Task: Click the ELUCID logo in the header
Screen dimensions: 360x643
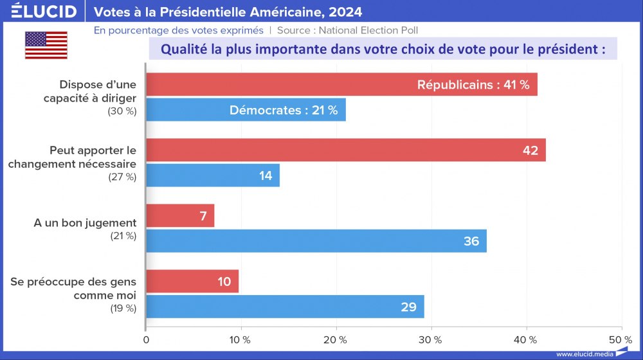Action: pyautogui.click(x=44, y=11)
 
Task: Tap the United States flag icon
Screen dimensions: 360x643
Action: pyautogui.click(x=46, y=45)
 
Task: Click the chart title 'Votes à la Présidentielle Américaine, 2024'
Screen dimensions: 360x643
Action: pyautogui.click(x=228, y=12)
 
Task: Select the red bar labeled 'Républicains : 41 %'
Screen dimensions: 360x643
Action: pyautogui.click(x=341, y=85)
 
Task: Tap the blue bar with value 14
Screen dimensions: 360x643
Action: pyautogui.click(x=213, y=175)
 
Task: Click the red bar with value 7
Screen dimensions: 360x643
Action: pyautogui.click(x=180, y=216)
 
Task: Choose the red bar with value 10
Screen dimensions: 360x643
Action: pyautogui.click(x=192, y=282)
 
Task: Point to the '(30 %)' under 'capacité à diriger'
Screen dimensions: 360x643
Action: pyautogui.click(x=122, y=111)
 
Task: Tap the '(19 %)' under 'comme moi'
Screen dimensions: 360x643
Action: pyautogui.click(x=122, y=308)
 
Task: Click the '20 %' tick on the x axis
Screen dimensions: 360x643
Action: pyautogui.click(x=335, y=339)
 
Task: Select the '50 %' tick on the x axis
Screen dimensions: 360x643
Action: pyautogui.click(x=620, y=339)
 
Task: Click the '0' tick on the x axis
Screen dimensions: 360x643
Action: pyautogui.click(x=147, y=339)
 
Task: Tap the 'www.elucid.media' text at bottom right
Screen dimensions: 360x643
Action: pyautogui.click(x=583, y=354)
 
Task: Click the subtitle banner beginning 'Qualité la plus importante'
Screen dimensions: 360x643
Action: pyautogui.click(x=383, y=50)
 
